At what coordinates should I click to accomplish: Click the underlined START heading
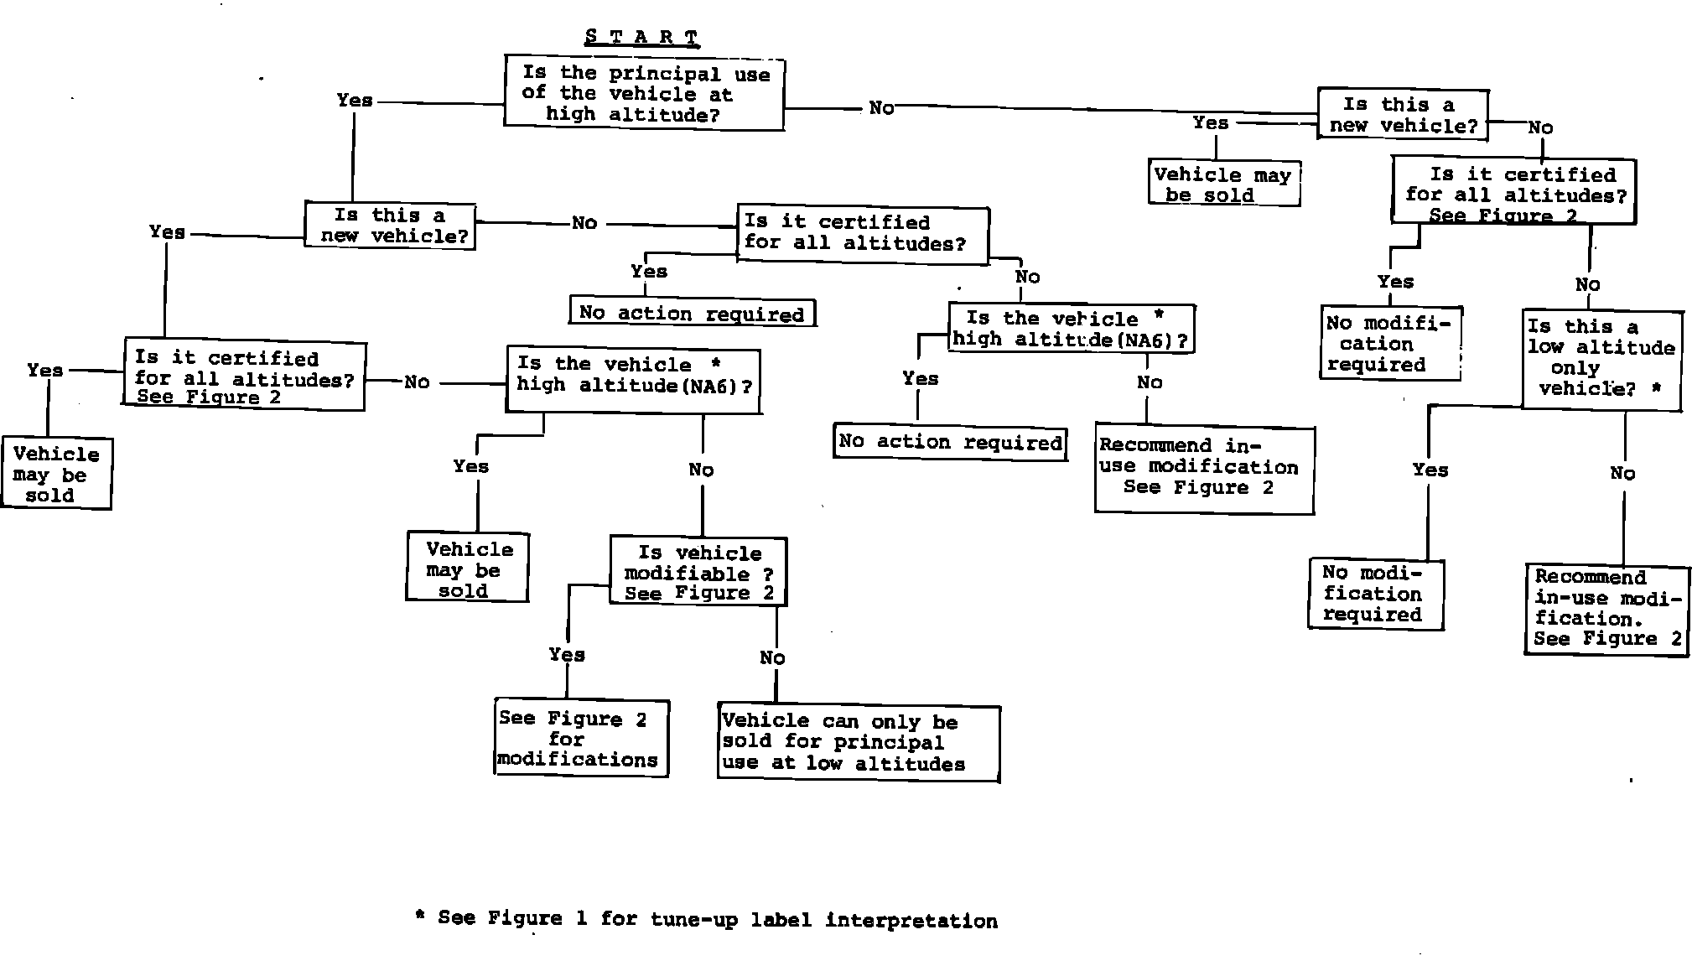click(641, 38)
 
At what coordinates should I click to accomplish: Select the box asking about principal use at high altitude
click(644, 93)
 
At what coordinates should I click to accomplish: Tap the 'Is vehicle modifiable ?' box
click(698, 573)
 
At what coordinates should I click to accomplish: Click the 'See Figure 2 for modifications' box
click(581, 739)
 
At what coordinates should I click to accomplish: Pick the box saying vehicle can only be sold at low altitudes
click(859, 744)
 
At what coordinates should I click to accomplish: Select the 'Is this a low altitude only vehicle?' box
click(1601, 359)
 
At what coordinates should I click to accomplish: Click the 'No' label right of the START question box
click(881, 108)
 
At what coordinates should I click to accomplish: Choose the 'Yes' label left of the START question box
click(355, 101)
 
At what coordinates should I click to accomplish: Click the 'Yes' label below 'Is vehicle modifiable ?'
click(567, 655)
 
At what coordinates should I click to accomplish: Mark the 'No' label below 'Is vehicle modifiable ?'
click(772, 658)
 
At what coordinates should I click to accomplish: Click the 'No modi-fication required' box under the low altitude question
click(1375, 594)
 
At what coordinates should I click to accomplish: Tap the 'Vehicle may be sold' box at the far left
click(56, 475)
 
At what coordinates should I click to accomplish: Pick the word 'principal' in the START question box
click(664, 74)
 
